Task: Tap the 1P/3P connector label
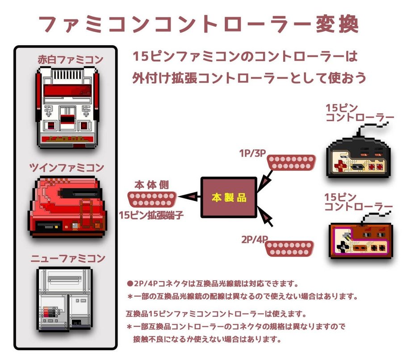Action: pyautogui.click(x=253, y=152)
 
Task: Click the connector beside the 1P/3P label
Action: pyautogui.click(x=292, y=163)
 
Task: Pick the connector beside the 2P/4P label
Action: pyautogui.click(x=291, y=248)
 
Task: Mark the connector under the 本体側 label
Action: pyautogui.click(x=152, y=199)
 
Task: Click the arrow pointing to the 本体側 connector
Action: pyautogui.click(x=189, y=195)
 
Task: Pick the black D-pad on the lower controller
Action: pyautogui.click(x=343, y=246)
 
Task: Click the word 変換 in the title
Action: pyautogui.click(x=339, y=25)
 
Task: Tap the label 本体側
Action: pyautogui.click(x=152, y=185)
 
